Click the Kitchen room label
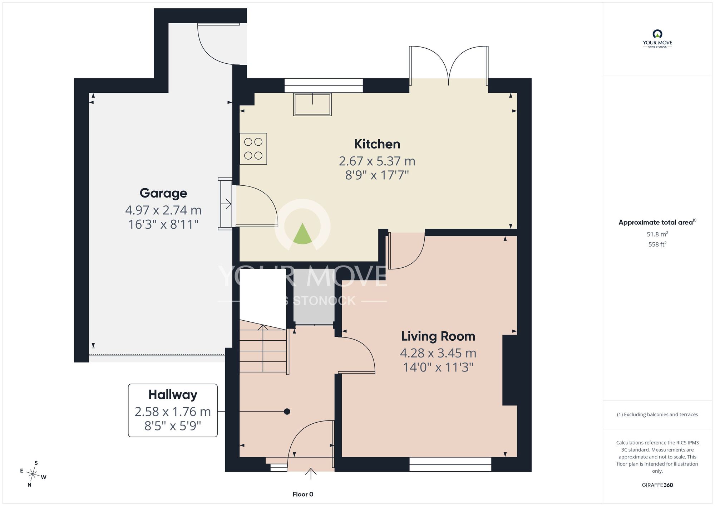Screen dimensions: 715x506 point(377,144)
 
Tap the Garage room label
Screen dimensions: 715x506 point(163,193)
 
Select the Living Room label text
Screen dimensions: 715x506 point(438,336)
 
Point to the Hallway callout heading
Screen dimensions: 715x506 point(173,395)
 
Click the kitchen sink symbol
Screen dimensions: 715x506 point(312,104)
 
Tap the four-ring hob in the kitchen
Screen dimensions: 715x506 point(253,149)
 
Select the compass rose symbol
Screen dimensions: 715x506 point(33,474)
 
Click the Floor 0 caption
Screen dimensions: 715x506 point(303,494)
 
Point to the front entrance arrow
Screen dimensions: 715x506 point(311,473)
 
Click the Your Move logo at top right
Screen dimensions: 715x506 point(657,39)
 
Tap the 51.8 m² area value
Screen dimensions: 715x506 point(657,234)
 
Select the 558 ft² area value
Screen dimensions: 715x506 point(657,244)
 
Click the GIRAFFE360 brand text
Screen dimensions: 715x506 point(657,485)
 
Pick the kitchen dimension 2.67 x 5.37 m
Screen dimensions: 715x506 point(377,161)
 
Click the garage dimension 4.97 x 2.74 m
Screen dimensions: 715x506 point(163,210)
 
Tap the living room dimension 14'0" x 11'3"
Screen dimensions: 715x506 point(438,368)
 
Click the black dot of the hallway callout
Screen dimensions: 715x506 point(287,412)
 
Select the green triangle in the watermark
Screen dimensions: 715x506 point(302,234)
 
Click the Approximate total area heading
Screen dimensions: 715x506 point(657,222)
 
